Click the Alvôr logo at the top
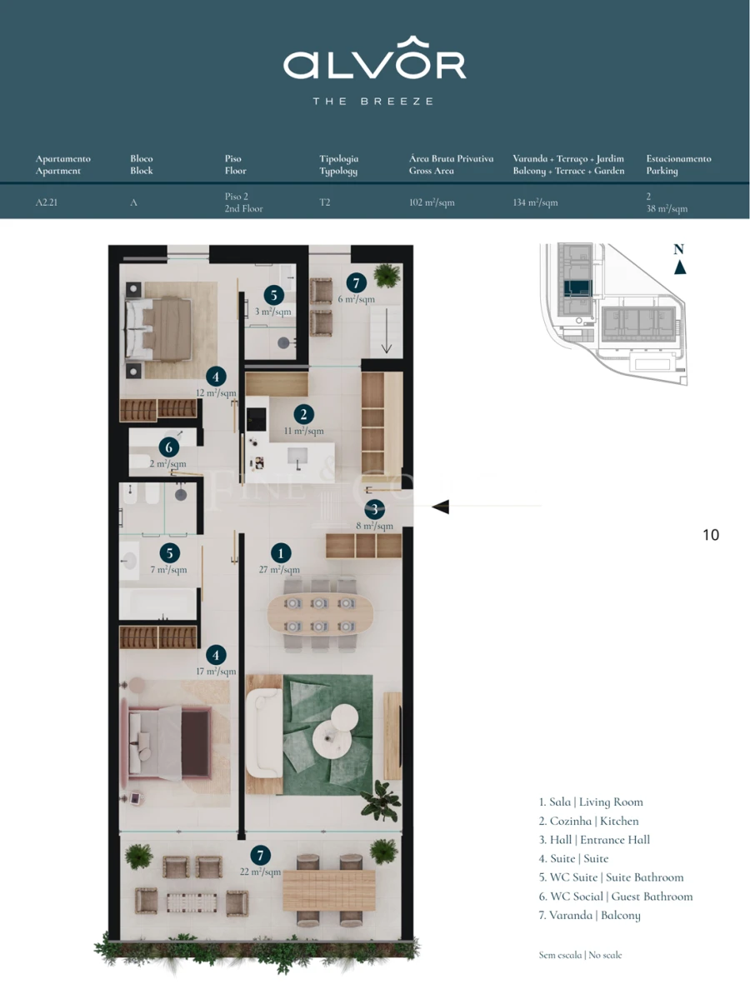click(x=374, y=64)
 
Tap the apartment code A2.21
click(x=47, y=202)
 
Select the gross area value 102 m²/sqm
click(x=432, y=202)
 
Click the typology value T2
click(x=325, y=202)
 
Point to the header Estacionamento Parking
click(x=678, y=164)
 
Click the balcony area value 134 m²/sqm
click(x=535, y=202)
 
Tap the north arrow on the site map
click(x=679, y=267)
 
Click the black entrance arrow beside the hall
click(x=440, y=506)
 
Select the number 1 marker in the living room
click(x=282, y=553)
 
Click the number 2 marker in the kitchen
click(x=304, y=414)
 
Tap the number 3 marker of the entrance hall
click(x=375, y=509)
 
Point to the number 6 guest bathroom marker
click(x=168, y=447)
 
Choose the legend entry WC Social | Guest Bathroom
click(x=615, y=897)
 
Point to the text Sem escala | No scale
click(x=580, y=955)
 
